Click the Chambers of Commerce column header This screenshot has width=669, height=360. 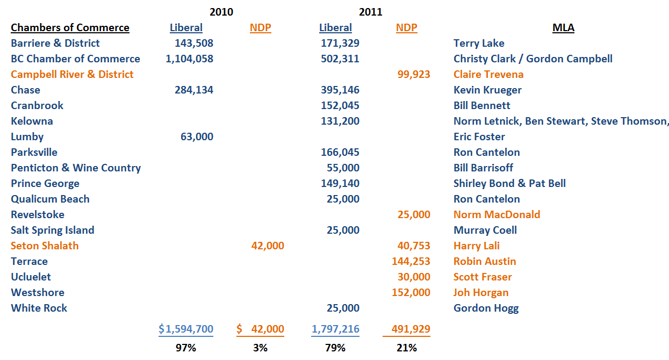(70, 27)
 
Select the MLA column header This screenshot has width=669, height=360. (563, 27)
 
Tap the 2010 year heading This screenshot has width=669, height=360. (221, 12)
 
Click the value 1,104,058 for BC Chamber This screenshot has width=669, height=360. (190, 59)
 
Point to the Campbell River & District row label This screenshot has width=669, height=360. (72, 74)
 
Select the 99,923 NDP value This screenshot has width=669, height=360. (413, 74)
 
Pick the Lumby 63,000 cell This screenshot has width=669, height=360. (197, 136)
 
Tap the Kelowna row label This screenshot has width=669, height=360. (32, 121)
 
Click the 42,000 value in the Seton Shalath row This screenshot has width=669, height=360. (268, 246)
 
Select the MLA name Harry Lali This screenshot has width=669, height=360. (476, 246)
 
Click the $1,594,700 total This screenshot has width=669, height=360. (186, 329)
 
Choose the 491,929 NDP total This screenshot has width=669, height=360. (411, 329)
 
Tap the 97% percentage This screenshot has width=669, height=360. (186, 348)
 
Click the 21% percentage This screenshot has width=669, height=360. (406, 348)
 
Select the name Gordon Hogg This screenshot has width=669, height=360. (486, 308)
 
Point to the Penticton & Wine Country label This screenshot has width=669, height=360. (76, 168)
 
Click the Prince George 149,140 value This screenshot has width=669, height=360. (340, 183)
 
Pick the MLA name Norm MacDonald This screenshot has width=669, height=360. (497, 214)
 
